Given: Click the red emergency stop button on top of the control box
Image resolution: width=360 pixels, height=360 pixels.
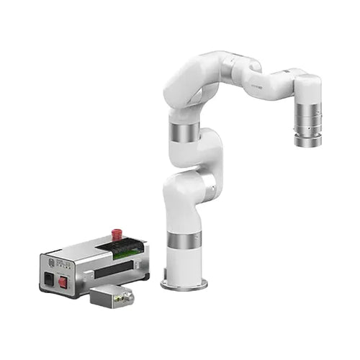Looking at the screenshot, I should (x=116, y=234).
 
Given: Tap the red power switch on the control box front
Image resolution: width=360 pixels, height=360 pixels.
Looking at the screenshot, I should (x=63, y=282).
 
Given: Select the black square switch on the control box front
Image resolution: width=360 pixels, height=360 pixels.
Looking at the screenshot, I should (x=49, y=277).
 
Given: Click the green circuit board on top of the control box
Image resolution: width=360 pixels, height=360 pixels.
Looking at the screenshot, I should (x=120, y=248).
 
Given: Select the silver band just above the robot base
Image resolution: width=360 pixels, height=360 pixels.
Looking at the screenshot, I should (x=184, y=242).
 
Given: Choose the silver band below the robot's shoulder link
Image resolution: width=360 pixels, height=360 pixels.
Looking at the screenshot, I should (x=184, y=132).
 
